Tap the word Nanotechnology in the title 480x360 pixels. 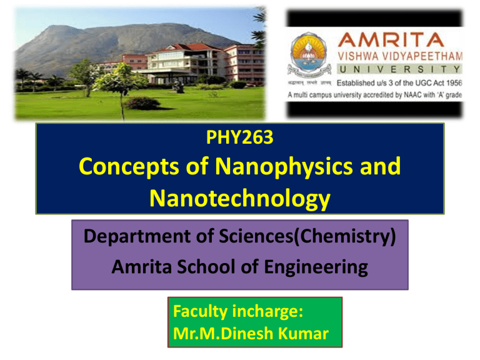click(x=239, y=199)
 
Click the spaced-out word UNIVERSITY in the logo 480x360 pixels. click(x=400, y=70)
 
